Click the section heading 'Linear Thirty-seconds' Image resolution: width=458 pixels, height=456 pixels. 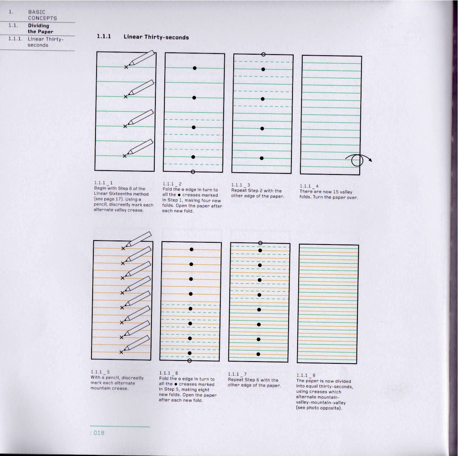(x=156, y=37)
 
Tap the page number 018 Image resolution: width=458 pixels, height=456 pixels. (x=99, y=433)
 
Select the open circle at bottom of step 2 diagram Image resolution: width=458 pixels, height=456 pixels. (x=193, y=172)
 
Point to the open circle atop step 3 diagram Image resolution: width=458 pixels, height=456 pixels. (x=263, y=55)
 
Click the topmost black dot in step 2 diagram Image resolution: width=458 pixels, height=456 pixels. (x=195, y=68)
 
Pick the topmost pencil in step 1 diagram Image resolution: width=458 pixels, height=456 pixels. (x=142, y=59)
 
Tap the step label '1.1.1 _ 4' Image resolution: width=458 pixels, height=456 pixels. (x=309, y=186)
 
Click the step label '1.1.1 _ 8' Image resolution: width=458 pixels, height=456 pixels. (x=306, y=375)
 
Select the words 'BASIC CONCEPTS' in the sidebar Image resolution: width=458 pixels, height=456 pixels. (x=42, y=15)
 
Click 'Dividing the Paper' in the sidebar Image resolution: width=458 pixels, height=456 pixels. (x=40, y=29)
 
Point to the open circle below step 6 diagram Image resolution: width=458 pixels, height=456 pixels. (x=190, y=360)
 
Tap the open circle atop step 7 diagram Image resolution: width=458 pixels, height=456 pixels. (x=260, y=243)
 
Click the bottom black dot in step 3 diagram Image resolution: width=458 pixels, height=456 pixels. (x=262, y=158)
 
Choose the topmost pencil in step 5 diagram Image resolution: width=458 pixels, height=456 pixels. (x=139, y=239)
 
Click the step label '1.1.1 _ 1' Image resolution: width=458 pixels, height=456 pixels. (x=103, y=183)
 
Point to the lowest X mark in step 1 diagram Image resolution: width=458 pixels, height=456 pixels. (x=125, y=156)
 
